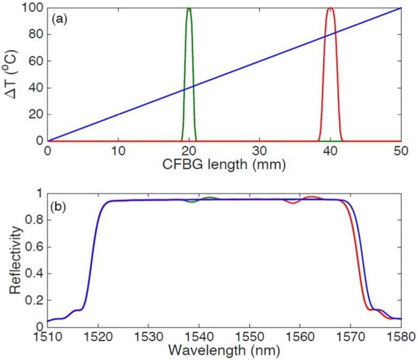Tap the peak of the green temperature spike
[189, 8]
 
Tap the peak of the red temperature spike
[330, 8]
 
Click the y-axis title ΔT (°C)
[13, 75]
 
